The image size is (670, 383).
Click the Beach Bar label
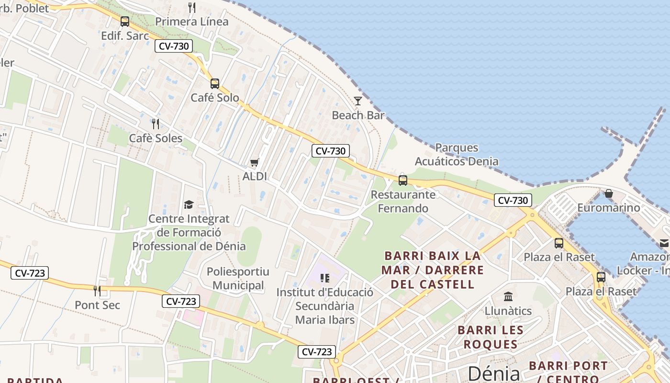pyautogui.click(x=358, y=115)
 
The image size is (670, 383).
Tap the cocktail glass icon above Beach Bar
pyautogui.click(x=358, y=101)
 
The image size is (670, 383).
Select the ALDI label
pyautogui.click(x=255, y=176)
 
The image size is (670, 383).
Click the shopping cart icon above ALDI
pyautogui.click(x=255, y=163)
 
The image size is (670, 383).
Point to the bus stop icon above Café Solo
pyautogui.click(x=215, y=84)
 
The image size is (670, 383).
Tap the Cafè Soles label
pyautogui.click(x=156, y=138)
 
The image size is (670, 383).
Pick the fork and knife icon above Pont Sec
pyautogui.click(x=97, y=291)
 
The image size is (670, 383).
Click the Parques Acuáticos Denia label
pyautogui.click(x=457, y=155)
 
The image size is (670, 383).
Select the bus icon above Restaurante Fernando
pyautogui.click(x=403, y=180)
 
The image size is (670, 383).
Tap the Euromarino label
pyautogui.click(x=609, y=208)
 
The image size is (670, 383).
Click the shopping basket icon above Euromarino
pyautogui.click(x=609, y=193)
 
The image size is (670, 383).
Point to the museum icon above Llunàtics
pyautogui.click(x=508, y=297)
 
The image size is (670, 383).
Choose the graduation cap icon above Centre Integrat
pyautogui.click(x=189, y=205)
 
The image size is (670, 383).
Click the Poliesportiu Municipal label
pyautogui.click(x=238, y=279)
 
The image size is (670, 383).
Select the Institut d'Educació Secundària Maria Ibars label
pyautogui.click(x=325, y=306)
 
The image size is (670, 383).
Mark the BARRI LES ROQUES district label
pyautogui.click(x=491, y=337)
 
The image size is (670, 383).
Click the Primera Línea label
pyautogui.click(x=192, y=22)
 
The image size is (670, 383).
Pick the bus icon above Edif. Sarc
pyautogui.click(x=125, y=22)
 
